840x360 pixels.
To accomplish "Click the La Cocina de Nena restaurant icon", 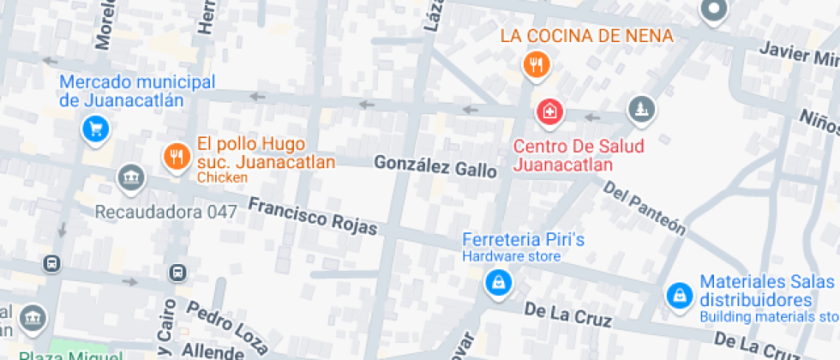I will (x=537, y=64).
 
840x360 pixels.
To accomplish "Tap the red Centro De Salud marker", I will (x=549, y=111).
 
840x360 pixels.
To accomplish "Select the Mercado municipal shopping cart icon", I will (x=94, y=129).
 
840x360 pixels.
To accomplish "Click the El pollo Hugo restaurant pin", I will (x=177, y=155).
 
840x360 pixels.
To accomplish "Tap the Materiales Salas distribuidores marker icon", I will (x=680, y=296).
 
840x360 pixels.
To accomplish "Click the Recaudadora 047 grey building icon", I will (x=130, y=177).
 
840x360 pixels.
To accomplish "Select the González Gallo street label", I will (x=435, y=166).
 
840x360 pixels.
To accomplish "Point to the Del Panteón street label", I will (x=645, y=207).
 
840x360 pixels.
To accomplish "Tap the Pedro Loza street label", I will (x=226, y=327).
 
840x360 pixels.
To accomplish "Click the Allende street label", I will (x=213, y=351).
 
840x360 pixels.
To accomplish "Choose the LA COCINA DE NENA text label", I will (x=587, y=36).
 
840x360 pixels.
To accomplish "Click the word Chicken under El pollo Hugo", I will (x=222, y=177).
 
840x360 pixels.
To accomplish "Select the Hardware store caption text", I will (x=512, y=256).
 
